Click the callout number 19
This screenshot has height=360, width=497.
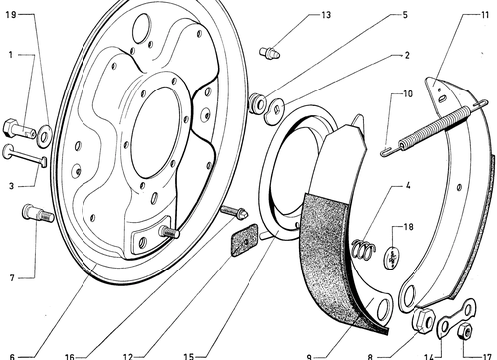[x=11, y=15]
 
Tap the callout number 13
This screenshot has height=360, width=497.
[x=326, y=15]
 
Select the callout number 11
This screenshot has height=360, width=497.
[x=485, y=15]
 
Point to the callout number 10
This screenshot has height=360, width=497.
[x=408, y=94]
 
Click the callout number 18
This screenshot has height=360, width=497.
[x=408, y=227]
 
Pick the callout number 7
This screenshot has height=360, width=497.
[x=12, y=278]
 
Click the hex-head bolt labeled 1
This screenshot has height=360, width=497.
[x=19, y=129]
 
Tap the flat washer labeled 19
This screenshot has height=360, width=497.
[x=44, y=136]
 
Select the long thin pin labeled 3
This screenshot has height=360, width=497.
[x=25, y=156]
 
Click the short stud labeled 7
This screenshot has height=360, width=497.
[x=37, y=213]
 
